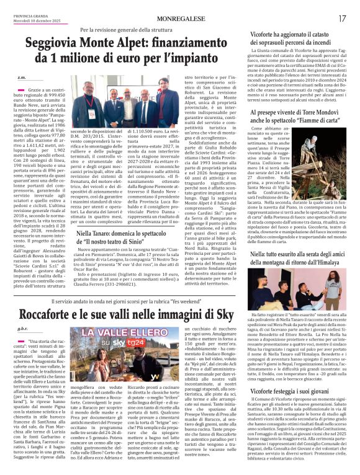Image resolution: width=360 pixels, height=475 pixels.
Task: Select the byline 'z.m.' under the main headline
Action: (x=22, y=78)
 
